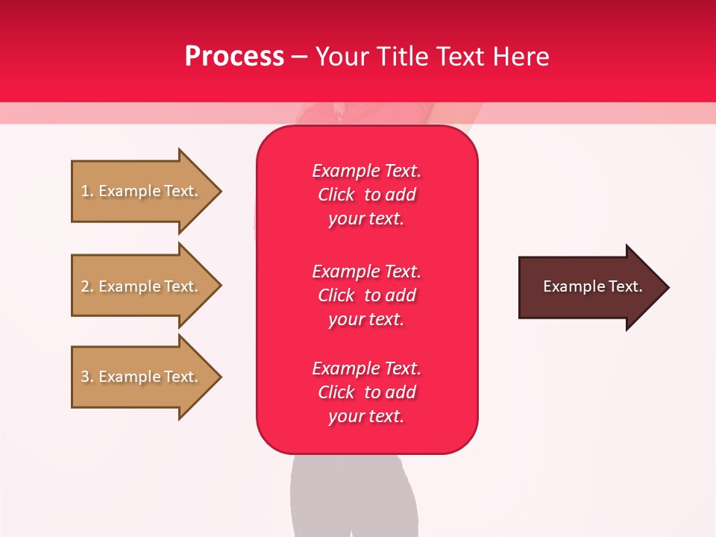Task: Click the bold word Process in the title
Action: [234, 56]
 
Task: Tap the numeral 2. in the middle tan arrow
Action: [87, 286]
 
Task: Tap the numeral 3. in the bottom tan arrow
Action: [87, 377]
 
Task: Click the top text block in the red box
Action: [366, 195]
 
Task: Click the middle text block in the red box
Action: [366, 295]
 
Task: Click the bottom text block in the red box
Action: [366, 392]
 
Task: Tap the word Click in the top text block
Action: [336, 195]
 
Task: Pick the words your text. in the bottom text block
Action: [366, 416]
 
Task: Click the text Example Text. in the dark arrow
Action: [592, 286]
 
